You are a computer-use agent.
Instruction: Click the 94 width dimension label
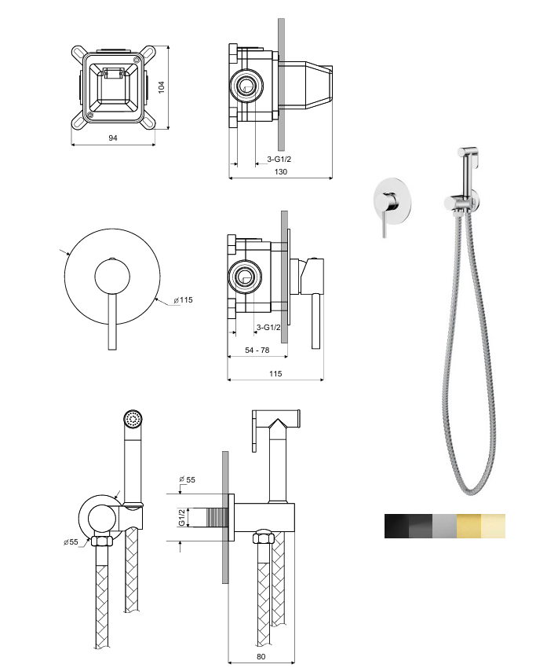tap(112, 138)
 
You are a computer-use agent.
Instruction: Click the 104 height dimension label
tap(162, 87)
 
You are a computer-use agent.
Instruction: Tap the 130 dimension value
tap(280, 172)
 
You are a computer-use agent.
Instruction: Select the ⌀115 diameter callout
tap(183, 300)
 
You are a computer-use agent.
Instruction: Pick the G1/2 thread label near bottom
tap(181, 516)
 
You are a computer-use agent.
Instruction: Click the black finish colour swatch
tap(396, 526)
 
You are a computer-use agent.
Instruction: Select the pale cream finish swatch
tap(493, 526)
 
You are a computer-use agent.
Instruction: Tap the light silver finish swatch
tap(444, 526)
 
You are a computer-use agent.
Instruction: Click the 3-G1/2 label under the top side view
tap(279, 160)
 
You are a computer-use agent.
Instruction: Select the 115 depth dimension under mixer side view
tap(275, 374)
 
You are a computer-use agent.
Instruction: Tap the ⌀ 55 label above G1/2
tap(187, 479)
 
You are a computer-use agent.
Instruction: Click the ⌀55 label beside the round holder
tap(74, 541)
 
